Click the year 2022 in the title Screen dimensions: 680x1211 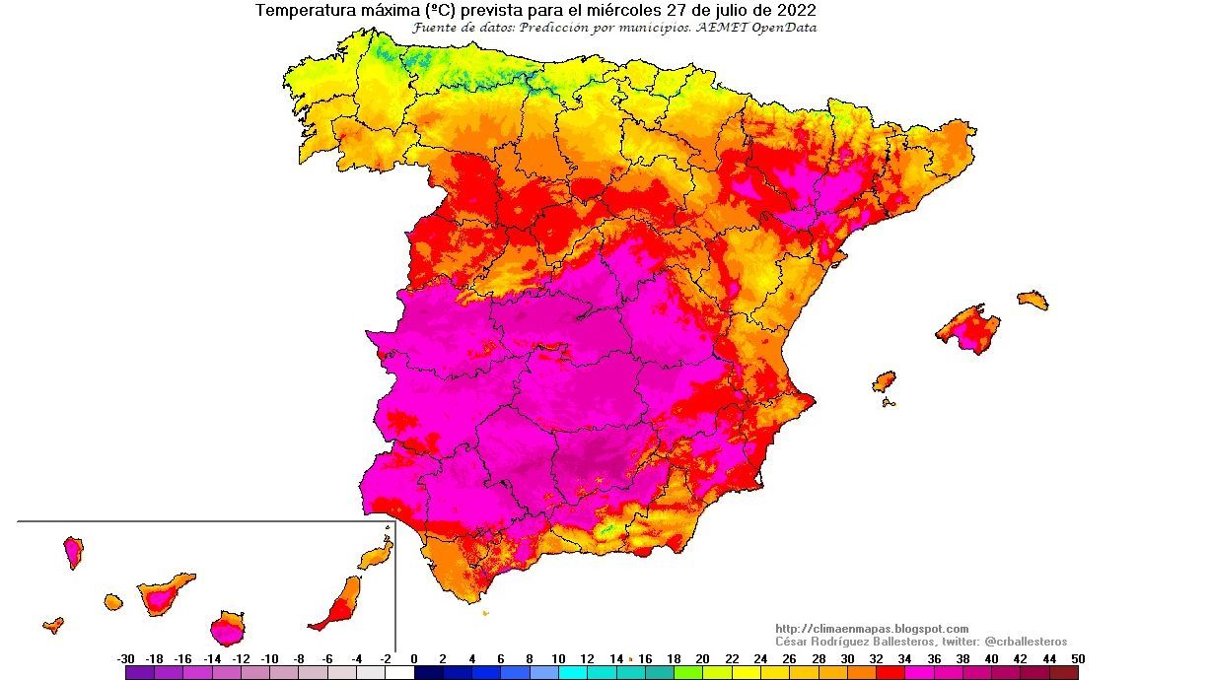[x=794, y=11]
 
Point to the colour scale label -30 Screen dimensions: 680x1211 [x=125, y=658]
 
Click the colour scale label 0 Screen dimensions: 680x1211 [x=413, y=658]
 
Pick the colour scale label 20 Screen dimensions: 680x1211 [x=702, y=658]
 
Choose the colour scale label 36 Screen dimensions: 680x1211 [x=933, y=658]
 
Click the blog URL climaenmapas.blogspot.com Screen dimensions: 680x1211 [x=872, y=629]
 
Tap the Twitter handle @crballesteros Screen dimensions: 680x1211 [x=1026, y=642]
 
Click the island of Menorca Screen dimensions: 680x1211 [x=1033, y=300]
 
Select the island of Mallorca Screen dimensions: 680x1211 [x=967, y=328]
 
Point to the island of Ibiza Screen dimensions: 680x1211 [x=884, y=380]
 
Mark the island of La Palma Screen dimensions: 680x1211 [x=73, y=552]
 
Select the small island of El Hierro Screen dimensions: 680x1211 [x=53, y=624]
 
